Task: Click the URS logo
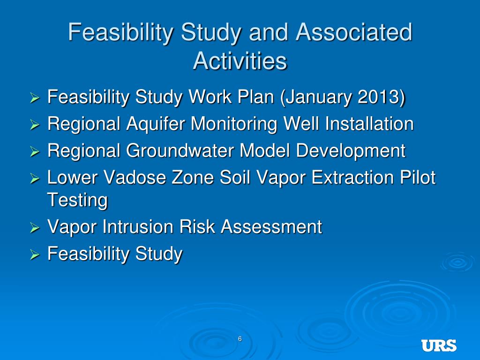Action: click(x=439, y=345)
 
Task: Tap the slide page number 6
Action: click(x=240, y=339)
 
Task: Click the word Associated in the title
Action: click(x=354, y=32)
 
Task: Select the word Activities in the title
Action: click(x=240, y=60)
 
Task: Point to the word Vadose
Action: click(x=135, y=178)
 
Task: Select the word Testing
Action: click(x=77, y=200)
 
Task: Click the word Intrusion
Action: click(x=138, y=227)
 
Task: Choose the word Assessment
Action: click(x=271, y=227)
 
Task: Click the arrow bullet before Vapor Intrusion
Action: click(x=35, y=228)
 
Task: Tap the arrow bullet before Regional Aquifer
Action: click(x=35, y=125)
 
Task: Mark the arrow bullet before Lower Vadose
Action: click(x=35, y=179)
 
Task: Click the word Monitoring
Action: click(x=234, y=124)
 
